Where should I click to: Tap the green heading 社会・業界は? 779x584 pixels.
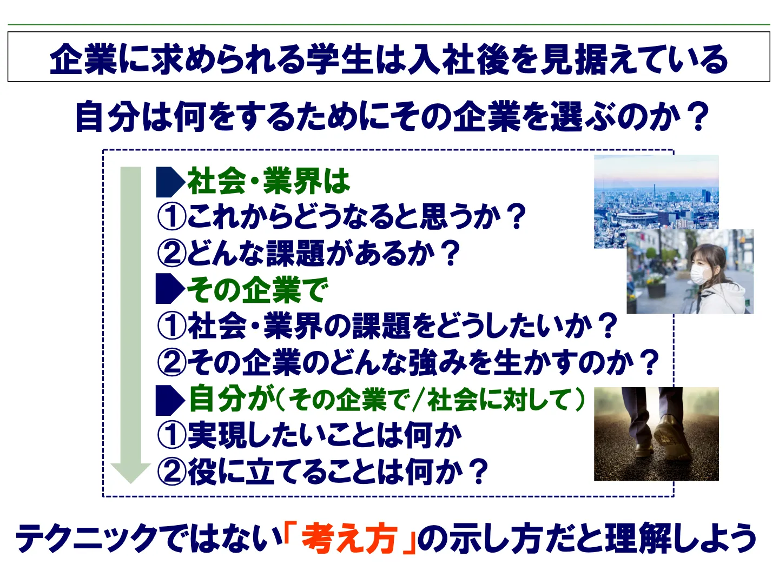click(269, 182)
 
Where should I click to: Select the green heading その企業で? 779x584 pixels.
click(258, 290)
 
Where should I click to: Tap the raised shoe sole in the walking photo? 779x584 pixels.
click(672, 439)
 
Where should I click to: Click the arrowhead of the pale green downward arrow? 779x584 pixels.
click(130, 473)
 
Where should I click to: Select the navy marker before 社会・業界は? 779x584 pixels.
click(170, 182)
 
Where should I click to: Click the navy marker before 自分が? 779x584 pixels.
click(170, 400)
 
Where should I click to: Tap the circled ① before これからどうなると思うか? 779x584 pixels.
click(172, 217)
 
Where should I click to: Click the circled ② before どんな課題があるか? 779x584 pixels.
click(172, 253)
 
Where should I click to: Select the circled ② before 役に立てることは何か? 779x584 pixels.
click(172, 472)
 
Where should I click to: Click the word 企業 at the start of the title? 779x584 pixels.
click(83, 59)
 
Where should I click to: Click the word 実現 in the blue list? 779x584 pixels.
click(217, 436)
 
